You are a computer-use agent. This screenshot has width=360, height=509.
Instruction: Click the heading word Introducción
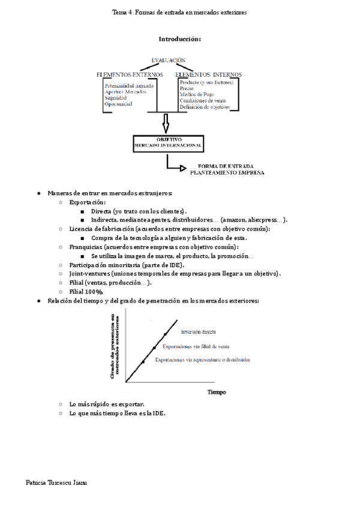179,39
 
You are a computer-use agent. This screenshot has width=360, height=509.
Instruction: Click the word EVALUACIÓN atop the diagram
163,60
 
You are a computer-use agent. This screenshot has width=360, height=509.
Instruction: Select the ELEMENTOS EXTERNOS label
130,74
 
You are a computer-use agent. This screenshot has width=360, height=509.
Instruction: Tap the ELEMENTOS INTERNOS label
209,74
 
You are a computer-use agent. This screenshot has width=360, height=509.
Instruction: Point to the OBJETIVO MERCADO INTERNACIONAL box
168,143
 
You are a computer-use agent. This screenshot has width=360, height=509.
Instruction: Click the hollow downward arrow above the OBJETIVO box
166,124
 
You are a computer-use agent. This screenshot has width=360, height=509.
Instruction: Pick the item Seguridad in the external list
116,97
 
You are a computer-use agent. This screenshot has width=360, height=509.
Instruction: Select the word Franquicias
85,247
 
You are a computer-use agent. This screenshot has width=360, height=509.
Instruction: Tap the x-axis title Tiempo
217,392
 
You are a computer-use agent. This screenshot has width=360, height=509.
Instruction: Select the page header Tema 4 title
179,12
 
